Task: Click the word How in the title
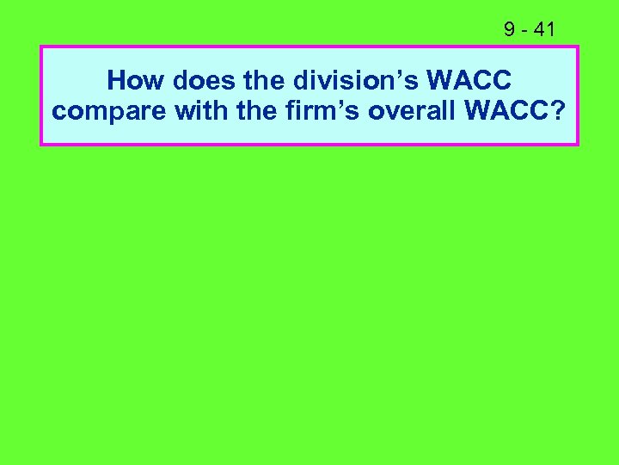point(136,81)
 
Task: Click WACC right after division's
point(469,81)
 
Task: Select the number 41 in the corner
point(544,30)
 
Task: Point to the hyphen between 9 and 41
point(524,31)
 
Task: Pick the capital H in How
point(116,81)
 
